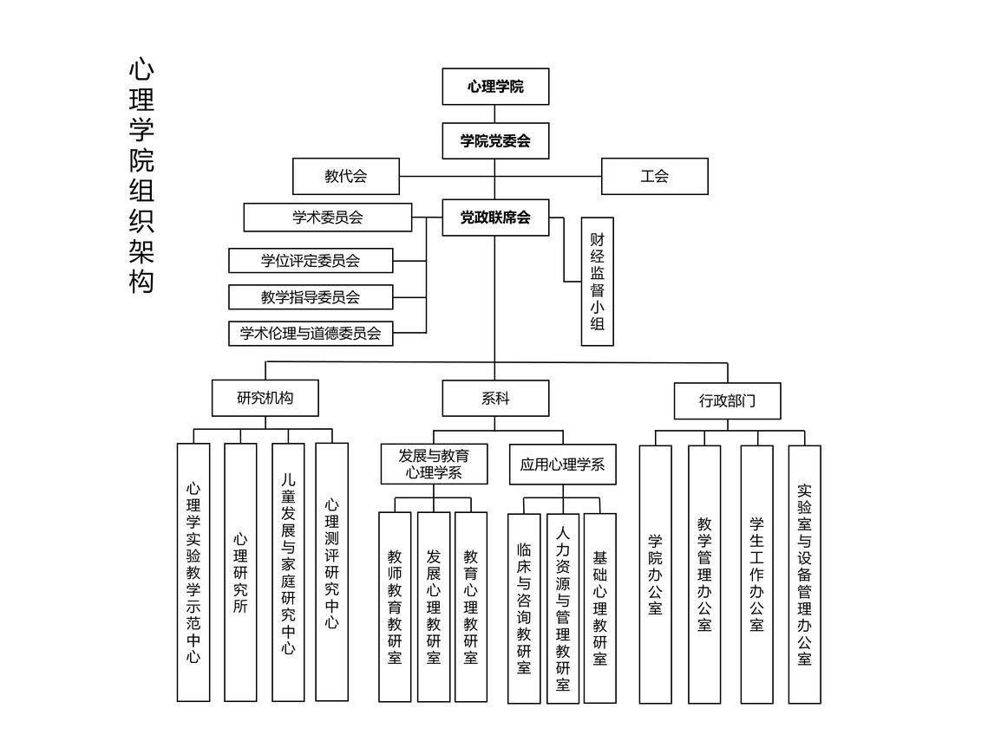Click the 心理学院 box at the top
click(x=495, y=87)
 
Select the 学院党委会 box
click(x=495, y=141)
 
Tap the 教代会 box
click(x=346, y=176)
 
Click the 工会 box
click(x=655, y=176)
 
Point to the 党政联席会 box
click(x=495, y=218)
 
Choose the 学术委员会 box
click(x=328, y=218)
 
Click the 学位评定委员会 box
click(x=311, y=260)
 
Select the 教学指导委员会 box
click(x=311, y=297)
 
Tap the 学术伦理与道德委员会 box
click(x=311, y=334)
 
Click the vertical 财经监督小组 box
click(x=598, y=282)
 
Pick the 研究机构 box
click(x=265, y=399)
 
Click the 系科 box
click(x=495, y=399)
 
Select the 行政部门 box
click(x=728, y=400)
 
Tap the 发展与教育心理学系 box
click(x=434, y=464)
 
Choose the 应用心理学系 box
click(x=563, y=465)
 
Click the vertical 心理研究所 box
click(x=240, y=572)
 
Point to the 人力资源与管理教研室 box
click(x=563, y=608)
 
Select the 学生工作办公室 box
click(x=756, y=574)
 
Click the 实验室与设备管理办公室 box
click(x=804, y=574)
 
